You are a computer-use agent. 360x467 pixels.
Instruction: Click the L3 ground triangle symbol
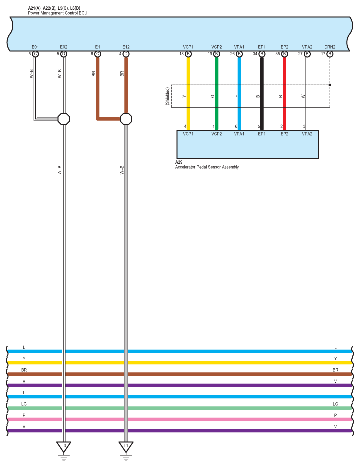click(x=64, y=446)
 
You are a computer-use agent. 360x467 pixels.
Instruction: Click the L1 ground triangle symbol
click(x=126, y=446)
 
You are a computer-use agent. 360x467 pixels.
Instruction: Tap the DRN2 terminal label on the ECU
click(x=330, y=47)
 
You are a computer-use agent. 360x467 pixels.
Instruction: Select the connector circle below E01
click(x=35, y=54)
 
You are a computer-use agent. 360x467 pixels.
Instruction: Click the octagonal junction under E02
click(x=64, y=119)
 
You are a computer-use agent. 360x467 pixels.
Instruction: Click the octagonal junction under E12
click(x=126, y=119)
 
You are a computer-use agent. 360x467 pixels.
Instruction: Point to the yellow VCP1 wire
click(x=188, y=93)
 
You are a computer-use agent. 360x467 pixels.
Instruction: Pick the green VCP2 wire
click(x=217, y=93)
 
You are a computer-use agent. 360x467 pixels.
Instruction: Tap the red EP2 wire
click(x=285, y=93)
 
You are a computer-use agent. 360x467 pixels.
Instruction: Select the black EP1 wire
click(x=262, y=93)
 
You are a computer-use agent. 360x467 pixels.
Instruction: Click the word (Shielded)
click(x=167, y=96)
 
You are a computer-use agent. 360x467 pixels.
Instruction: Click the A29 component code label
click(x=179, y=162)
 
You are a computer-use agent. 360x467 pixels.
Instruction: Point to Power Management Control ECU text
click(x=58, y=13)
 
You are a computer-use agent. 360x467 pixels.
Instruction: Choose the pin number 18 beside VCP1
click(x=182, y=54)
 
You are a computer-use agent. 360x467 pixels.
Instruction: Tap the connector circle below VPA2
click(x=307, y=54)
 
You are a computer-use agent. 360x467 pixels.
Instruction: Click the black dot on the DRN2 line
click(x=330, y=85)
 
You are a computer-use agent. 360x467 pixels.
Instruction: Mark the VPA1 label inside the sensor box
click(x=239, y=134)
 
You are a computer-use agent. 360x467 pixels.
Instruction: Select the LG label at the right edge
click(x=335, y=404)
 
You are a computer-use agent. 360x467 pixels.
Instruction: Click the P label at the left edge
click(x=24, y=415)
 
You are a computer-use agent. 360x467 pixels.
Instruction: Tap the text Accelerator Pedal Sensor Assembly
click(x=207, y=167)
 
